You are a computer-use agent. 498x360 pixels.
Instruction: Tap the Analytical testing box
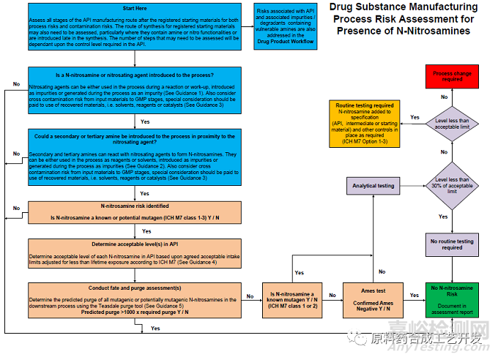(373, 186)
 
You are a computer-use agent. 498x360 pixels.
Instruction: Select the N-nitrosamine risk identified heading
(136, 206)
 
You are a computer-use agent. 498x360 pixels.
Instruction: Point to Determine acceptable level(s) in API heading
(136, 244)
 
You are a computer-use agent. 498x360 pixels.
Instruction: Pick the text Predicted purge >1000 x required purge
(136, 312)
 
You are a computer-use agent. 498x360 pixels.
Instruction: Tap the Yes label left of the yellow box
(415, 117)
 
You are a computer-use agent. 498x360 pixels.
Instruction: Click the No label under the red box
(443, 97)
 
